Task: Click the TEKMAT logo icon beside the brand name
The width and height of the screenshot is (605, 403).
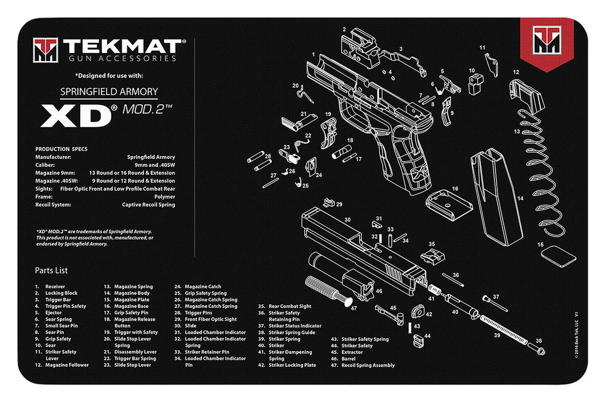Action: point(46,50)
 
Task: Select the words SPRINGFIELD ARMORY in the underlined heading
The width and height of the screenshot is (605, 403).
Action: point(109,92)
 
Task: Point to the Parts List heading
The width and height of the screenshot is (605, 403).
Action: point(51,271)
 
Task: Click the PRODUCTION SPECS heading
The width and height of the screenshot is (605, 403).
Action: point(60,149)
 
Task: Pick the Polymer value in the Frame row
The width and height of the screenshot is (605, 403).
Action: point(164,196)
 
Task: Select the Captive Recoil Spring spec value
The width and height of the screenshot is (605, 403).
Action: point(149,204)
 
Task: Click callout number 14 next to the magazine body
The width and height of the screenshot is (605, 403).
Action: point(520,199)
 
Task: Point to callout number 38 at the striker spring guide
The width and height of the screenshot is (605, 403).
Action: point(539,341)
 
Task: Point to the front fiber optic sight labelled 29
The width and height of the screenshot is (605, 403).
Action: point(330,203)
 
